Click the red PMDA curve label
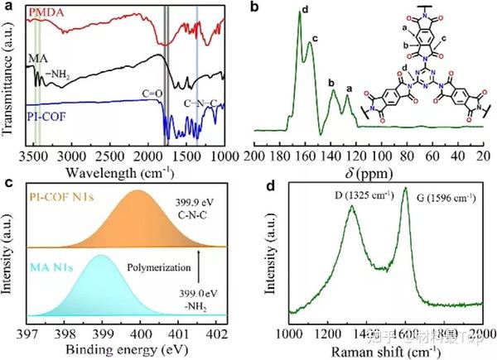pos(48,14)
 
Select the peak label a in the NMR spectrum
pos(349,88)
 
